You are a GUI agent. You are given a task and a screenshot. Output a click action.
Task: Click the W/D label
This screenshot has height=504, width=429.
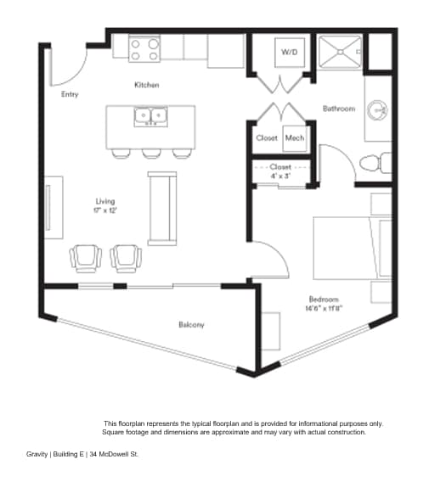[x=288, y=53]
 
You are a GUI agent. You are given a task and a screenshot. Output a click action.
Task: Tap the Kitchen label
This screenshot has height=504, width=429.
[x=146, y=85]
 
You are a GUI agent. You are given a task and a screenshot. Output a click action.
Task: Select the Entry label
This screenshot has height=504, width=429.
[x=70, y=94]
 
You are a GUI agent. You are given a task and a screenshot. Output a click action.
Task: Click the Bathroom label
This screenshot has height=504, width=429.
[x=338, y=109]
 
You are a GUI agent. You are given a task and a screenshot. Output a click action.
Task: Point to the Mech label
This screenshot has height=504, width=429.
[x=295, y=137]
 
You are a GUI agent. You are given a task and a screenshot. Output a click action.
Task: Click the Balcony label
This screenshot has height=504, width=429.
[x=191, y=324]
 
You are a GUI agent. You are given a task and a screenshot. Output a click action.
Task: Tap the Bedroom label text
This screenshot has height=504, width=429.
[x=323, y=300]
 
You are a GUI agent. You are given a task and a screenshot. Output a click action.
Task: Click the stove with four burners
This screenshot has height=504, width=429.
[x=144, y=48]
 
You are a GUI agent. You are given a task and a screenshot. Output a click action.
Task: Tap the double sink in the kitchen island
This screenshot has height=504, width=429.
[x=151, y=115]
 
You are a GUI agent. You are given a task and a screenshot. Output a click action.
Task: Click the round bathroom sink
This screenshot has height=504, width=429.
[x=378, y=110]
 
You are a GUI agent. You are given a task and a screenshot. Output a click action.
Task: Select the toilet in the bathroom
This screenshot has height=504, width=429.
[x=373, y=161]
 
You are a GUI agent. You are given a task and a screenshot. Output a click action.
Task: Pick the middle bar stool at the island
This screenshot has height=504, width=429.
[x=151, y=154]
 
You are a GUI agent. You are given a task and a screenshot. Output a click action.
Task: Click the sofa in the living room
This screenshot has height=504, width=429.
[x=161, y=206]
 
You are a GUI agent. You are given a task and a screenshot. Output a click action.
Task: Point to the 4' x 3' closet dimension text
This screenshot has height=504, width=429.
[x=279, y=175]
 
